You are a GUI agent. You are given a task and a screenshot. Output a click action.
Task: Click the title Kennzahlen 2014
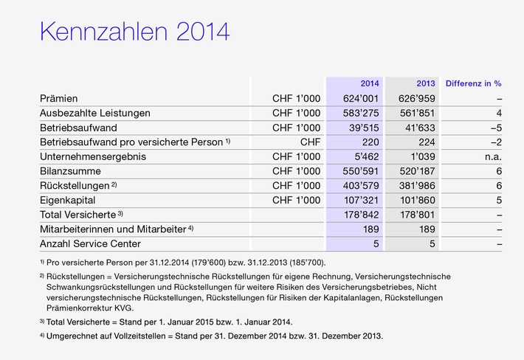[x=134, y=32]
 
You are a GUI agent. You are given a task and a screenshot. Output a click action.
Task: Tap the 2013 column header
[x=425, y=83]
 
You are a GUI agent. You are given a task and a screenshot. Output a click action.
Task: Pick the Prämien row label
[x=59, y=98]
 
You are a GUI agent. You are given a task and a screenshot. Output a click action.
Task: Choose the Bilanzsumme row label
[x=72, y=171]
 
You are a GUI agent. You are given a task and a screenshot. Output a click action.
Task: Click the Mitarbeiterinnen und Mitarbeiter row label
[x=112, y=229]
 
